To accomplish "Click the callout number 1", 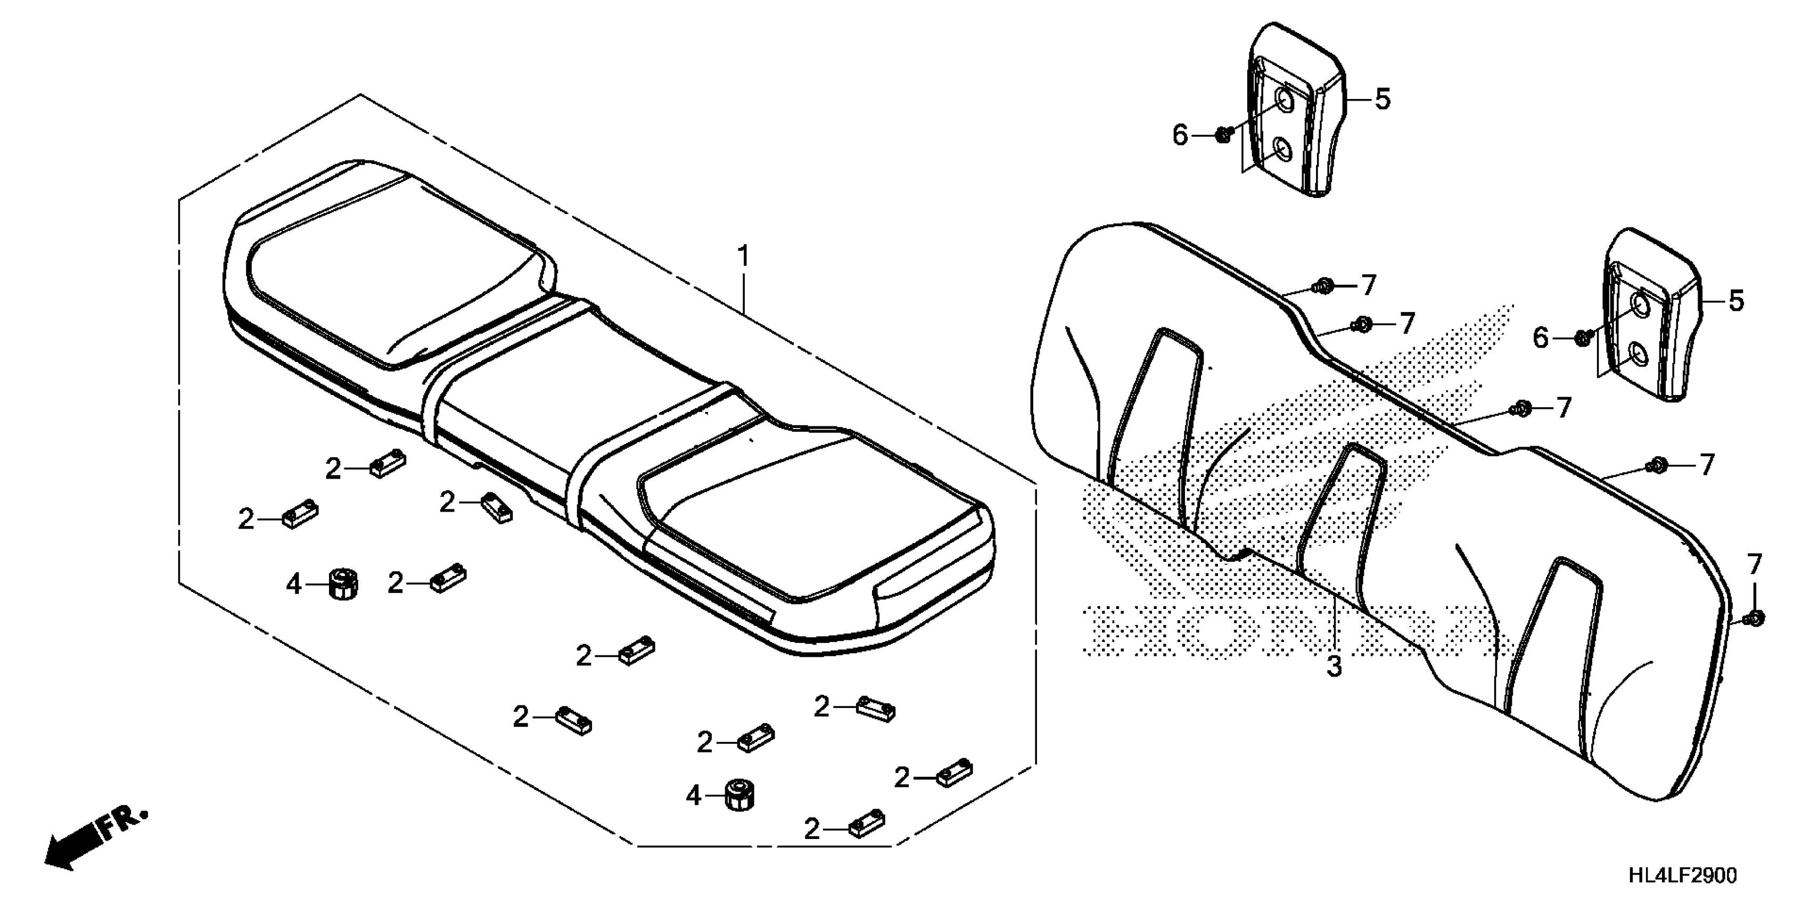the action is (x=743, y=257).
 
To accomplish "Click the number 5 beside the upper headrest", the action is (x=1382, y=100).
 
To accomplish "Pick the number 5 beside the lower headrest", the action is (x=1735, y=301).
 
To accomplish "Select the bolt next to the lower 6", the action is (x=1582, y=338).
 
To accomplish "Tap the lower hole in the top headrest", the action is (x=1283, y=149).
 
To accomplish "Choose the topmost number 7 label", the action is (x=1367, y=285).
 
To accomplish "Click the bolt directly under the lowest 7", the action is (x=1753, y=617).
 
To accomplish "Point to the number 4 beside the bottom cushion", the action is (x=694, y=796).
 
